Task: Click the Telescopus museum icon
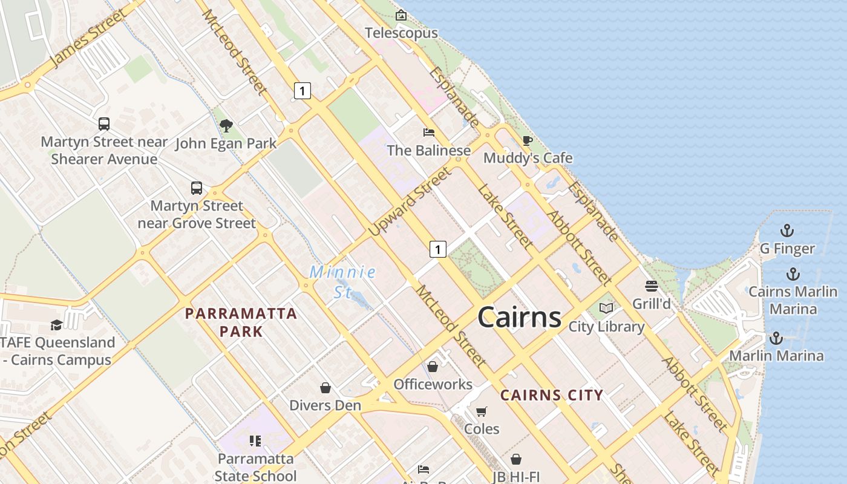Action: tap(401, 15)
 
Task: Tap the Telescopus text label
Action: tap(401, 33)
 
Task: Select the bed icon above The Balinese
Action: tap(429, 132)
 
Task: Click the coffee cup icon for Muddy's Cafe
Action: tap(528, 141)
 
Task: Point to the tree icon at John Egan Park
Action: tap(226, 126)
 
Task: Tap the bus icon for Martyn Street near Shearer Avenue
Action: tap(104, 124)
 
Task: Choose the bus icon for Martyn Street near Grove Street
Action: tap(197, 188)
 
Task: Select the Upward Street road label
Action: tap(410, 202)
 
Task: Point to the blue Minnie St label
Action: tap(343, 281)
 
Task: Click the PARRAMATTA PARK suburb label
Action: tap(241, 322)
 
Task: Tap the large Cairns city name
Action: tap(520, 317)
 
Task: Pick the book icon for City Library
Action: tap(606, 309)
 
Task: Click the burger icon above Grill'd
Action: tap(652, 286)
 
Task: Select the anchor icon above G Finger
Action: tap(786, 231)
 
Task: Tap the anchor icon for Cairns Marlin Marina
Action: tap(793, 274)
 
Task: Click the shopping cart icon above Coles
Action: tap(482, 411)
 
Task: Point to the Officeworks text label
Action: tap(433, 384)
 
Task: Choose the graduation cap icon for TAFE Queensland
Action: tap(56, 325)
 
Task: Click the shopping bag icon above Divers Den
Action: tap(325, 388)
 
